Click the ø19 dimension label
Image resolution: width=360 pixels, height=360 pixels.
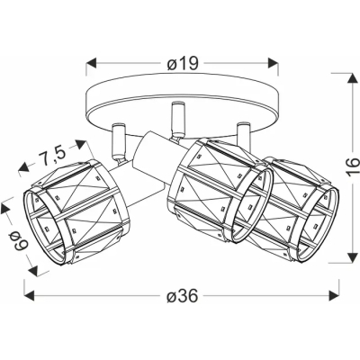coord(183,63)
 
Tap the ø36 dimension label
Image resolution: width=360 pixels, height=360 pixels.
coord(183,296)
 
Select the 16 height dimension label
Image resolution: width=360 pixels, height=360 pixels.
coord(354,166)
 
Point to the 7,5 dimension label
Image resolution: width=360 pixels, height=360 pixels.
coord(51,157)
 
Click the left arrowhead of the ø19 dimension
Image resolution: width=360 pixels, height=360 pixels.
coord(91,63)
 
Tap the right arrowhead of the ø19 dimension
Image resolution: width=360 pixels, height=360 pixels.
coord(274,63)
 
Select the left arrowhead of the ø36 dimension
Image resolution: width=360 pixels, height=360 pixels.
coord(29,295)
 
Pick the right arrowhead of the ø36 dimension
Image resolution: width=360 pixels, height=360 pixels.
coord(334,295)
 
